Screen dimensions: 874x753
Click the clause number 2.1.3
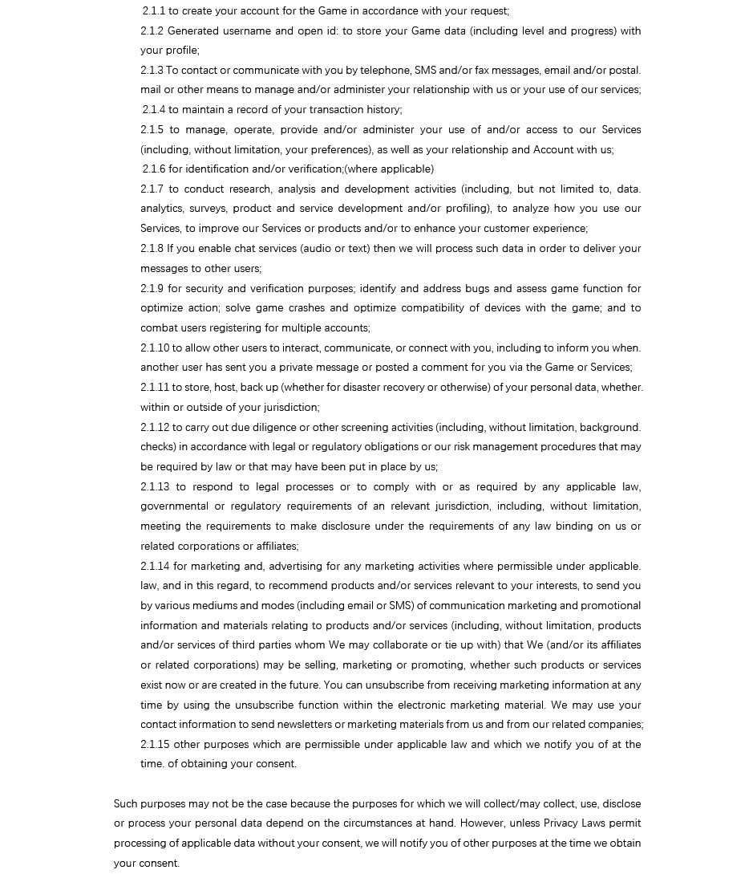pos(152,71)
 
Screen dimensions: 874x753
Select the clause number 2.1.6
pos(154,169)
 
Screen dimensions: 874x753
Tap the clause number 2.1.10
pos(155,348)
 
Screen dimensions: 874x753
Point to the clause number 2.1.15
pos(155,745)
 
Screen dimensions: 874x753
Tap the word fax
pos(482,71)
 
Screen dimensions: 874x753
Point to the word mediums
pos(196,606)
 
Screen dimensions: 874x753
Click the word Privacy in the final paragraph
pos(561,823)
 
